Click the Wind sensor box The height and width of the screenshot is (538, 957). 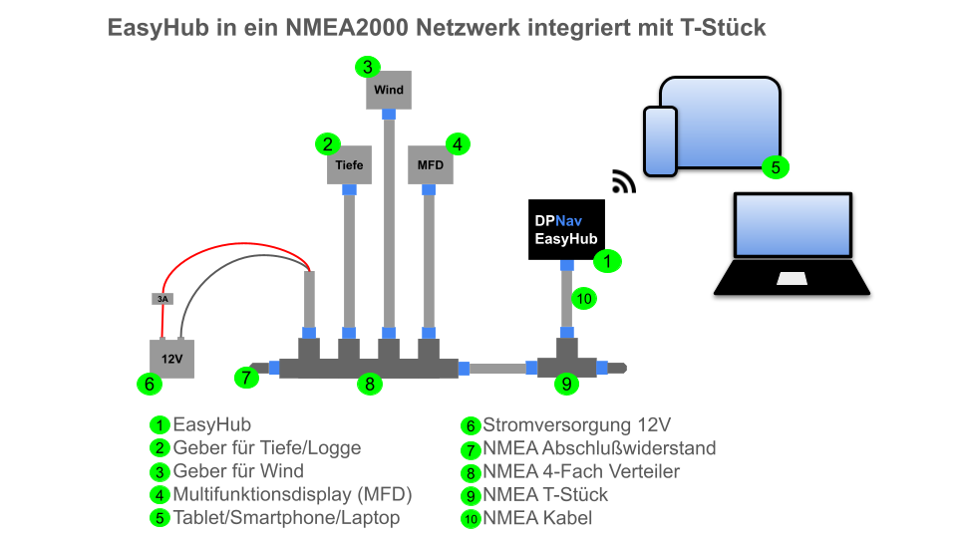click(x=389, y=90)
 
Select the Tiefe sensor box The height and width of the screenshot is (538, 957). click(x=349, y=164)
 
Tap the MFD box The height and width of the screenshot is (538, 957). click(x=431, y=164)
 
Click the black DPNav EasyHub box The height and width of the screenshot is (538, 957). click(x=566, y=229)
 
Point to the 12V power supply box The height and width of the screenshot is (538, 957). click(x=172, y=359)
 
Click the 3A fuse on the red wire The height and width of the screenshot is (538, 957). click(x=162, y=299)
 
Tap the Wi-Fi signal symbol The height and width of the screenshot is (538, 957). click(x=624, y=181)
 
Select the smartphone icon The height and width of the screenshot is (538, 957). click(x=660, y=141)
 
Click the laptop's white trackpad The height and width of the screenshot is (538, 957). click(x=792, y=279)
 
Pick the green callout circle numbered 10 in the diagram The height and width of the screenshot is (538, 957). click(x=584, y=298)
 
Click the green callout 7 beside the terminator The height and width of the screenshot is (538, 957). click(x=246, y=378)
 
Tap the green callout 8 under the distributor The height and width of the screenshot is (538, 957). click(x=370, y=384)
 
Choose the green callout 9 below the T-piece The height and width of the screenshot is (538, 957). click(x=566, y=384)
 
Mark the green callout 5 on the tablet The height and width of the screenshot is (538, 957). click(x=776, y=167)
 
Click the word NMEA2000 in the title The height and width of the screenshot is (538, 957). click(x=347, y=28)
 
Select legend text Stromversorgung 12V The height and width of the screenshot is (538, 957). click(x=577, y=425)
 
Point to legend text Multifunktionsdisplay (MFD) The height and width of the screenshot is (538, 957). click(x=292, y=494)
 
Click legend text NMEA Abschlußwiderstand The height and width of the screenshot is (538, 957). click(x=599, y=448)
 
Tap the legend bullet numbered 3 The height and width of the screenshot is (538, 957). click(x=159, y=472)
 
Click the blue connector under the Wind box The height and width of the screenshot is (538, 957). click(x=389, y=114)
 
